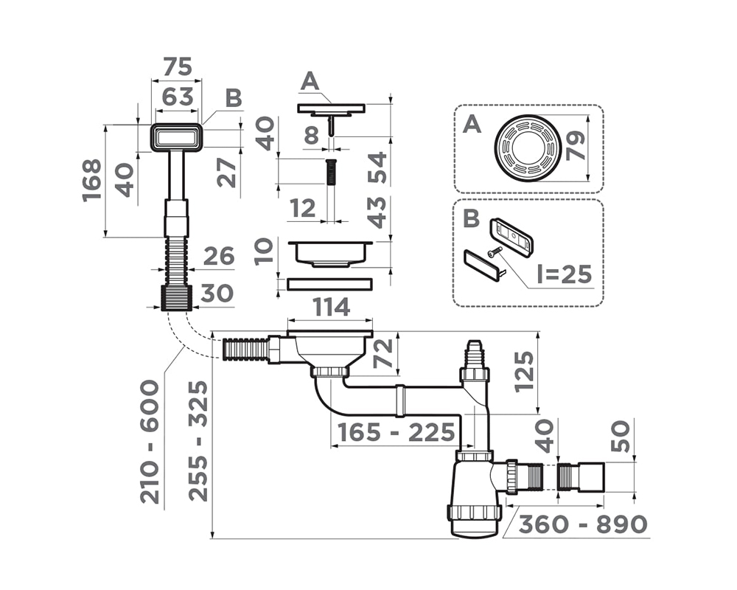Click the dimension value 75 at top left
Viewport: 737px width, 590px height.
177,66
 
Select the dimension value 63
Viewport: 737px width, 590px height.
177,96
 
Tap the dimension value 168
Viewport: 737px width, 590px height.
92,181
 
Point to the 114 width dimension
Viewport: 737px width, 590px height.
331,307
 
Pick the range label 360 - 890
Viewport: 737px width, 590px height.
582,524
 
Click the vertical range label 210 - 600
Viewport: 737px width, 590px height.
150,441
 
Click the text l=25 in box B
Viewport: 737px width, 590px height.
564,274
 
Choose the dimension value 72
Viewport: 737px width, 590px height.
383,353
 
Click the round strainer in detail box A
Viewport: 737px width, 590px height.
528,147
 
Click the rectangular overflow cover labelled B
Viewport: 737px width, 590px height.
176,137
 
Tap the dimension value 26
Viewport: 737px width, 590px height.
218,257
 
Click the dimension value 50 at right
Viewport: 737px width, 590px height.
621,437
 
